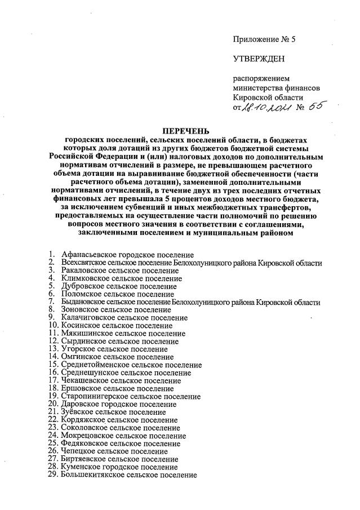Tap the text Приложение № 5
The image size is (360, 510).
[x=264, y=39]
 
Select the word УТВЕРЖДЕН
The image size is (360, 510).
[x=259, y=59]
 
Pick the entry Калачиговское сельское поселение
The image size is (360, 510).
[x=125, y=318]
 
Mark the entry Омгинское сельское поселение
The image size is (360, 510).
[x=118, y=357]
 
